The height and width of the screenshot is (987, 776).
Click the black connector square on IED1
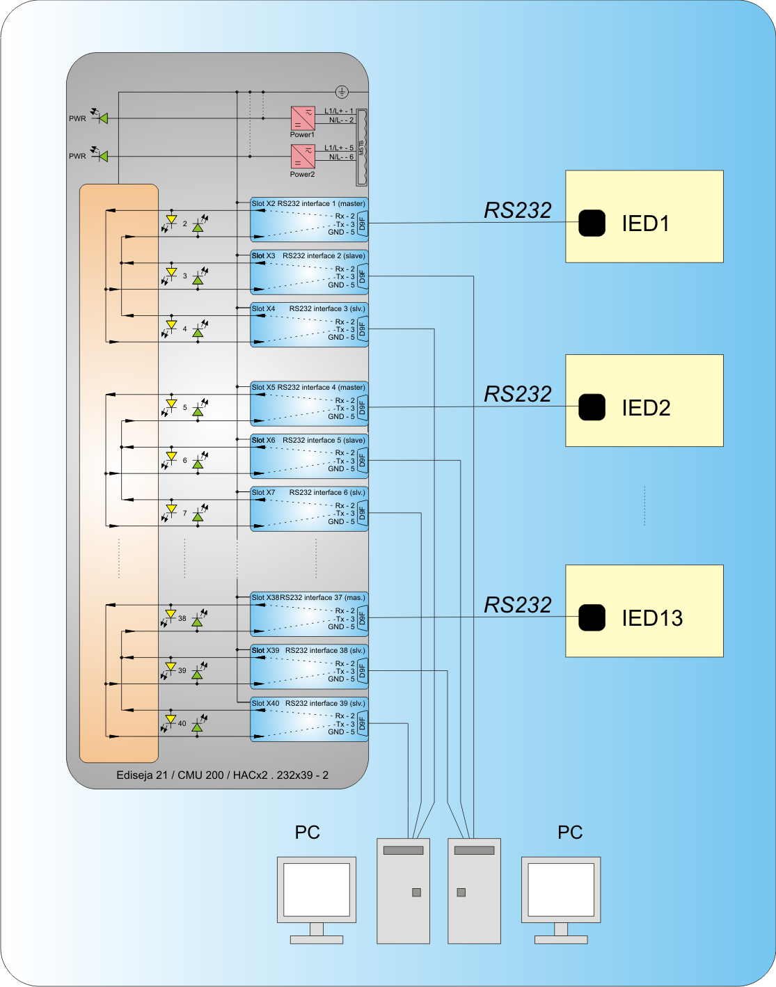pyautogui.click(x=592, y=223)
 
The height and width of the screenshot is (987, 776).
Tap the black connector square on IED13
pyautogui.click(x=592, y=617)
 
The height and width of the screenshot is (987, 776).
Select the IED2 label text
pyautogui.click(x=646, y=408)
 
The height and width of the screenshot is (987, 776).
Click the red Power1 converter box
pyautogui.click(x=303, y=118)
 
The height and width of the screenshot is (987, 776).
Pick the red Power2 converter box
pyautogui.click(x=303, y=157)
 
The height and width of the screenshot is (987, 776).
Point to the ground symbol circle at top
pyautogui.click(x=342, y=92)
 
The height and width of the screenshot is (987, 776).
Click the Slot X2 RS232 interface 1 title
pyautogui.click(x=308, y=204)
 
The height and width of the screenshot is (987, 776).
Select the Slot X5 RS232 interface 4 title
pyautogui.click(x=308, y=388)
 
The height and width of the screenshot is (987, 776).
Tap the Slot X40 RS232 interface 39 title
pyautogui.click(x=308, y=704)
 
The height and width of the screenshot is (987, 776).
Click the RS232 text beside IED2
pyautogui.click(x=518, y=395)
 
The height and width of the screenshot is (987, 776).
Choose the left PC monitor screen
pyautogui.click(x=317, y=889)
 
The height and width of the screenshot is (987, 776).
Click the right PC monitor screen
pyautogui.click(x=561, y=889)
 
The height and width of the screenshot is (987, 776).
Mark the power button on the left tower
pyautogui.click(x=416, y=892)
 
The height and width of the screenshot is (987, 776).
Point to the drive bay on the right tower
pyautogui.click(x=474, y=851)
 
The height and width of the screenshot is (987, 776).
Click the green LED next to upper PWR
pyautogui.click(x=104, y=119)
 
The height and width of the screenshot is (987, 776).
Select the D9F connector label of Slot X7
pyautogui.click(x=362, y=514)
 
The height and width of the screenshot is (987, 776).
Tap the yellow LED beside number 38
pyautogui.click(x=171, y=614)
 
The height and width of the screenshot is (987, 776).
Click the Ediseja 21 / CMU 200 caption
pyautogui.click(x=222, y=775)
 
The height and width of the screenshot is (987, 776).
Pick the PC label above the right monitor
pyautogui.click(x=570, y=832)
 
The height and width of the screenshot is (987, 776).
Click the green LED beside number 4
pyautogui.click(x=198, y=333)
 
